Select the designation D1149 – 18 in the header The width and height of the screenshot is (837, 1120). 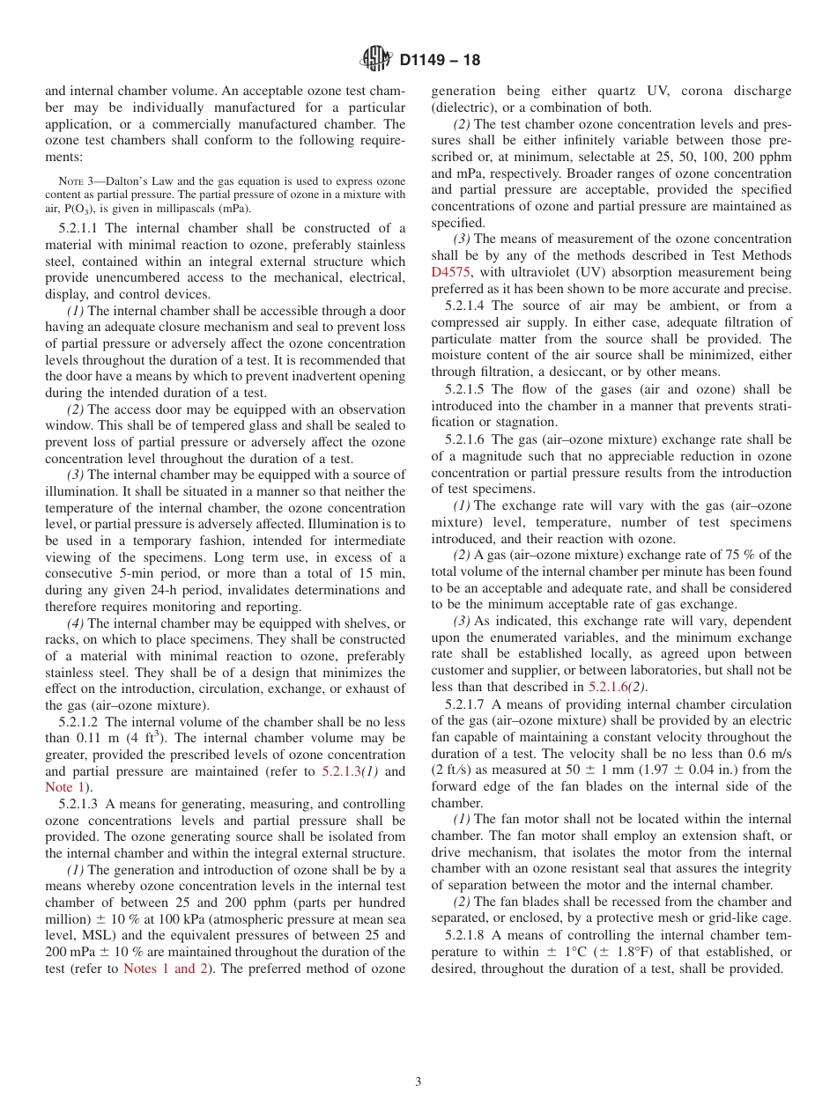point(440,61)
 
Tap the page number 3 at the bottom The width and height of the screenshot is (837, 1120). point(418,1082)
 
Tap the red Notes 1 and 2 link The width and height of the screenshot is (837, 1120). point(165,969)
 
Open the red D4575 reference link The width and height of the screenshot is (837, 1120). point(450,272)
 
